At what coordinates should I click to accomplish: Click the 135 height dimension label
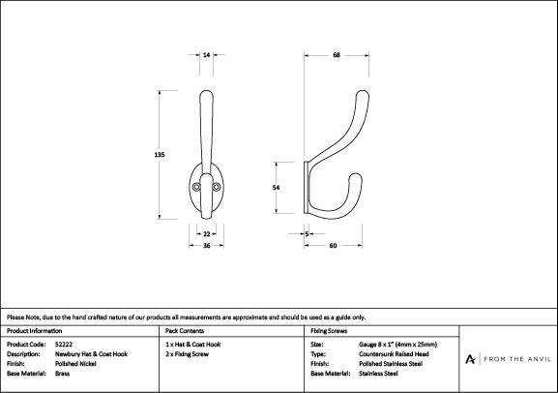click(160, 155)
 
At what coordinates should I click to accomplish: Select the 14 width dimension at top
click(206, 55)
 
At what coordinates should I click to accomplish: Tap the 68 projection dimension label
click(337, 55)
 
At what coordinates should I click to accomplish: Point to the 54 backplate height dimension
click(277, 188)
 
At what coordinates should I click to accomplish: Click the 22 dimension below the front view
click(206, 234)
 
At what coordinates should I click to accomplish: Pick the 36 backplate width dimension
click(206, 246)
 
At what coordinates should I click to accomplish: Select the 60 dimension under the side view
click(333, 246)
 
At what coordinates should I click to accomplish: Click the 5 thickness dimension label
click(307, 234)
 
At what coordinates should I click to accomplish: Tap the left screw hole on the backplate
click(196, 187)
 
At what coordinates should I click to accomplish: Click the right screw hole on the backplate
click(217, 187)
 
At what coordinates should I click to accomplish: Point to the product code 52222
click(64, 345)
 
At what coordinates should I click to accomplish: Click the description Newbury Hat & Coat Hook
click(91, 354)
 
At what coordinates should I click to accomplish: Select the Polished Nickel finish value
click(75, 364)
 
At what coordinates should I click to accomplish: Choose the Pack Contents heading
click(185, 331)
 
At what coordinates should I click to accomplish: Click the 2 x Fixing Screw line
click(188, 354)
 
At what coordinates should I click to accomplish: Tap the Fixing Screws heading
click(329, 331)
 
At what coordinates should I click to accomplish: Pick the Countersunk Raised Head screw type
click(394, 354)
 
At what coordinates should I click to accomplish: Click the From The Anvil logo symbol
click(470, 359)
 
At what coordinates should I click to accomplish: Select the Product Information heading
click(34, 331)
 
